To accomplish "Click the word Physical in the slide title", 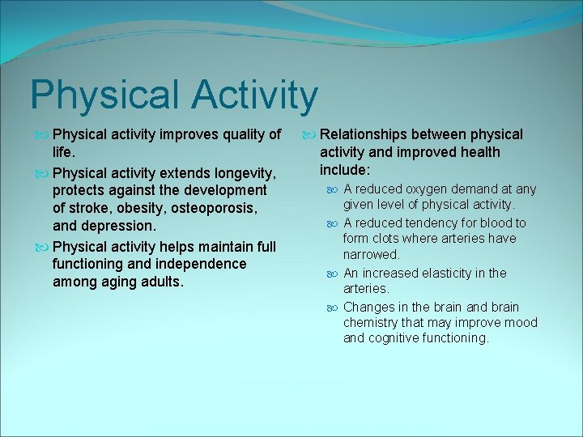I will click(101, 95).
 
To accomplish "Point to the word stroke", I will click(88, 208).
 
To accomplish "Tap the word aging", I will click(124, 282).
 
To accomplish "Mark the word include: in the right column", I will click(345, 171).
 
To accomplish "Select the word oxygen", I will click(431, 189).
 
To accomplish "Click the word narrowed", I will click(371, 255).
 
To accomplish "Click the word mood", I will click(521, 323).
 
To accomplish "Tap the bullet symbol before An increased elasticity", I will click(334, 274).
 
